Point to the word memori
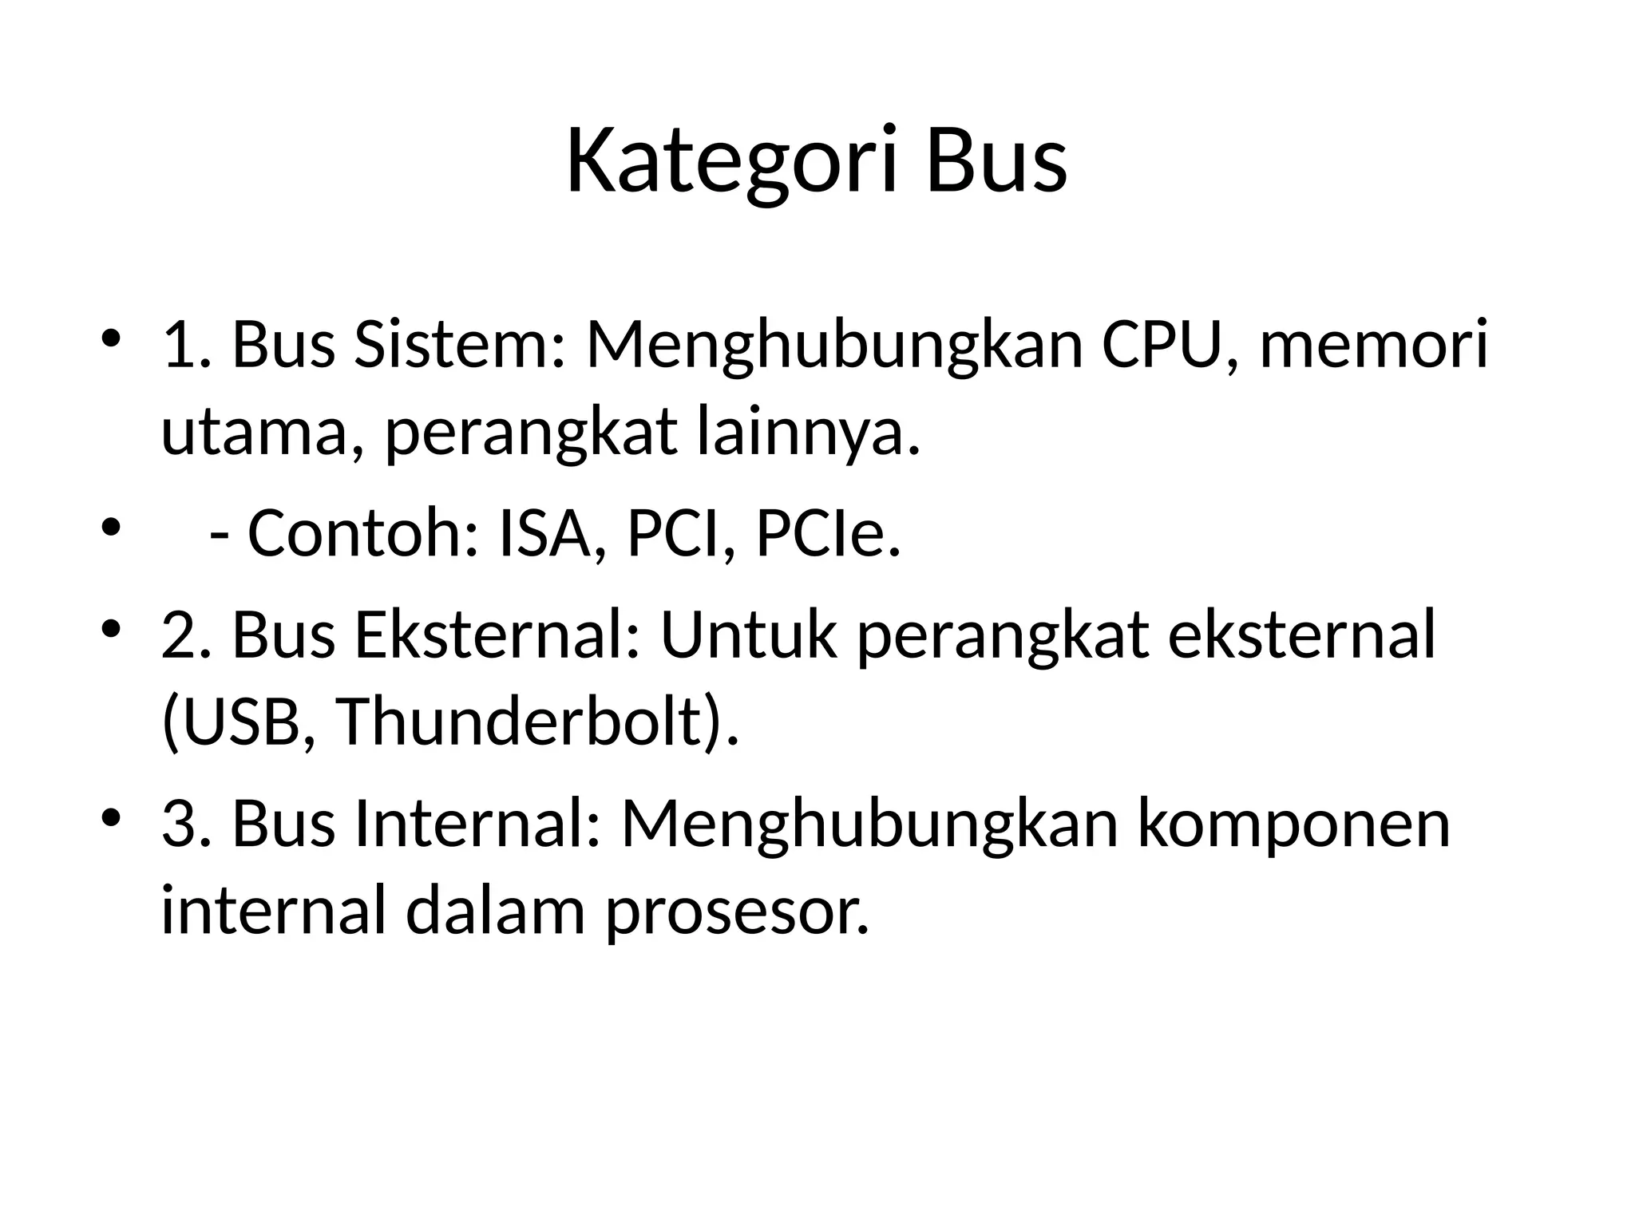pyautogui.click(x=1374, y=345)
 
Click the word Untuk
pyautogui.click(x=749, y=635)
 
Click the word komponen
pyautogui.click(x=1293, y=824)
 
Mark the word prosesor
pyautogui.click(x=736, y=911)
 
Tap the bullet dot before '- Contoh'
pyautogui.click(x=111, y=528)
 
